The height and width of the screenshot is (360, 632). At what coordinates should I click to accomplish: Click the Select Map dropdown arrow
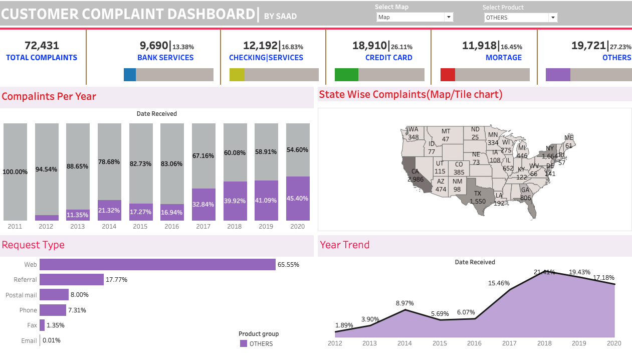tap(448, 17)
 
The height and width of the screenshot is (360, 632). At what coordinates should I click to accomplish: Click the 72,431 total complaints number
tap(42, 46)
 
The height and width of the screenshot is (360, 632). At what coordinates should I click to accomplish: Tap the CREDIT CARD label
tap(388, 58)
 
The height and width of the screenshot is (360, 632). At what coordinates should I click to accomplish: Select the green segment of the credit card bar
tap(346, 75)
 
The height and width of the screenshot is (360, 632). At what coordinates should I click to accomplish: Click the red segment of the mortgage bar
tap(448, 75)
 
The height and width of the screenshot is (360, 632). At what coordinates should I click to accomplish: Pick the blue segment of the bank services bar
tap(130, 75)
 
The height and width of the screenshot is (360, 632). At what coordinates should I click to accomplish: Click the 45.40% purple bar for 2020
tap(298, 199)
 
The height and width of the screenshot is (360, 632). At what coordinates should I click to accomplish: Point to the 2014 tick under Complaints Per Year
tap(109, 227)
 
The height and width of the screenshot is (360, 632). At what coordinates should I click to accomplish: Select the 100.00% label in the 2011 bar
tap(15, 172)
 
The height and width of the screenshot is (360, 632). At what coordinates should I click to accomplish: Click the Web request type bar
tap(157, 264)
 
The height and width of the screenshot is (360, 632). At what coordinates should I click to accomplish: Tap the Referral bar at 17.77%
tap(72, 280)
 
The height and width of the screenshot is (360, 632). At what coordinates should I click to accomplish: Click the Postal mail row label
tap(21, 295)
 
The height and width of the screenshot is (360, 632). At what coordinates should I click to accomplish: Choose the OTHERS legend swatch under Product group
tap(244, 343)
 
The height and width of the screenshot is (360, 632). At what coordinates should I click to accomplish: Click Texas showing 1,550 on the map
tap(477, 197)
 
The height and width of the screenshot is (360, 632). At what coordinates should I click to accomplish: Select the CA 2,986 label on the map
tap(415, 175)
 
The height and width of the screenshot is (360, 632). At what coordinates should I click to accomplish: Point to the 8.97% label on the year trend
tap(404, 303)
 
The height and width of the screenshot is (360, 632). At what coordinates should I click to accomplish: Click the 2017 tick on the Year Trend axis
tap(509, 343)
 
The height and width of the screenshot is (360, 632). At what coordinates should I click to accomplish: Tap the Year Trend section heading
tap(345, 245)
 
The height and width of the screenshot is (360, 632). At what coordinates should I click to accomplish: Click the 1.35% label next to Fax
tap(55, 325)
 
